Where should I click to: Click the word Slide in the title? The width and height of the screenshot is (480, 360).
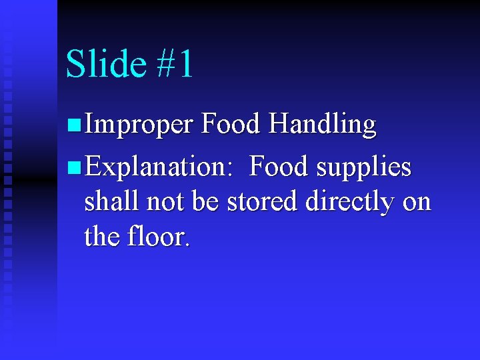105,64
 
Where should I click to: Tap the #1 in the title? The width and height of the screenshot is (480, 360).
175,64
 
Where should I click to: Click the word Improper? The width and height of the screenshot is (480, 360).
139,125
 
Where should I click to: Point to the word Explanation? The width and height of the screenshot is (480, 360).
158,166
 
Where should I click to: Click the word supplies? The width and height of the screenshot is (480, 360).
364,167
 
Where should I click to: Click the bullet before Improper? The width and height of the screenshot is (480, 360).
74,124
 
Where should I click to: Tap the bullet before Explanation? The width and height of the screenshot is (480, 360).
74,166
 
